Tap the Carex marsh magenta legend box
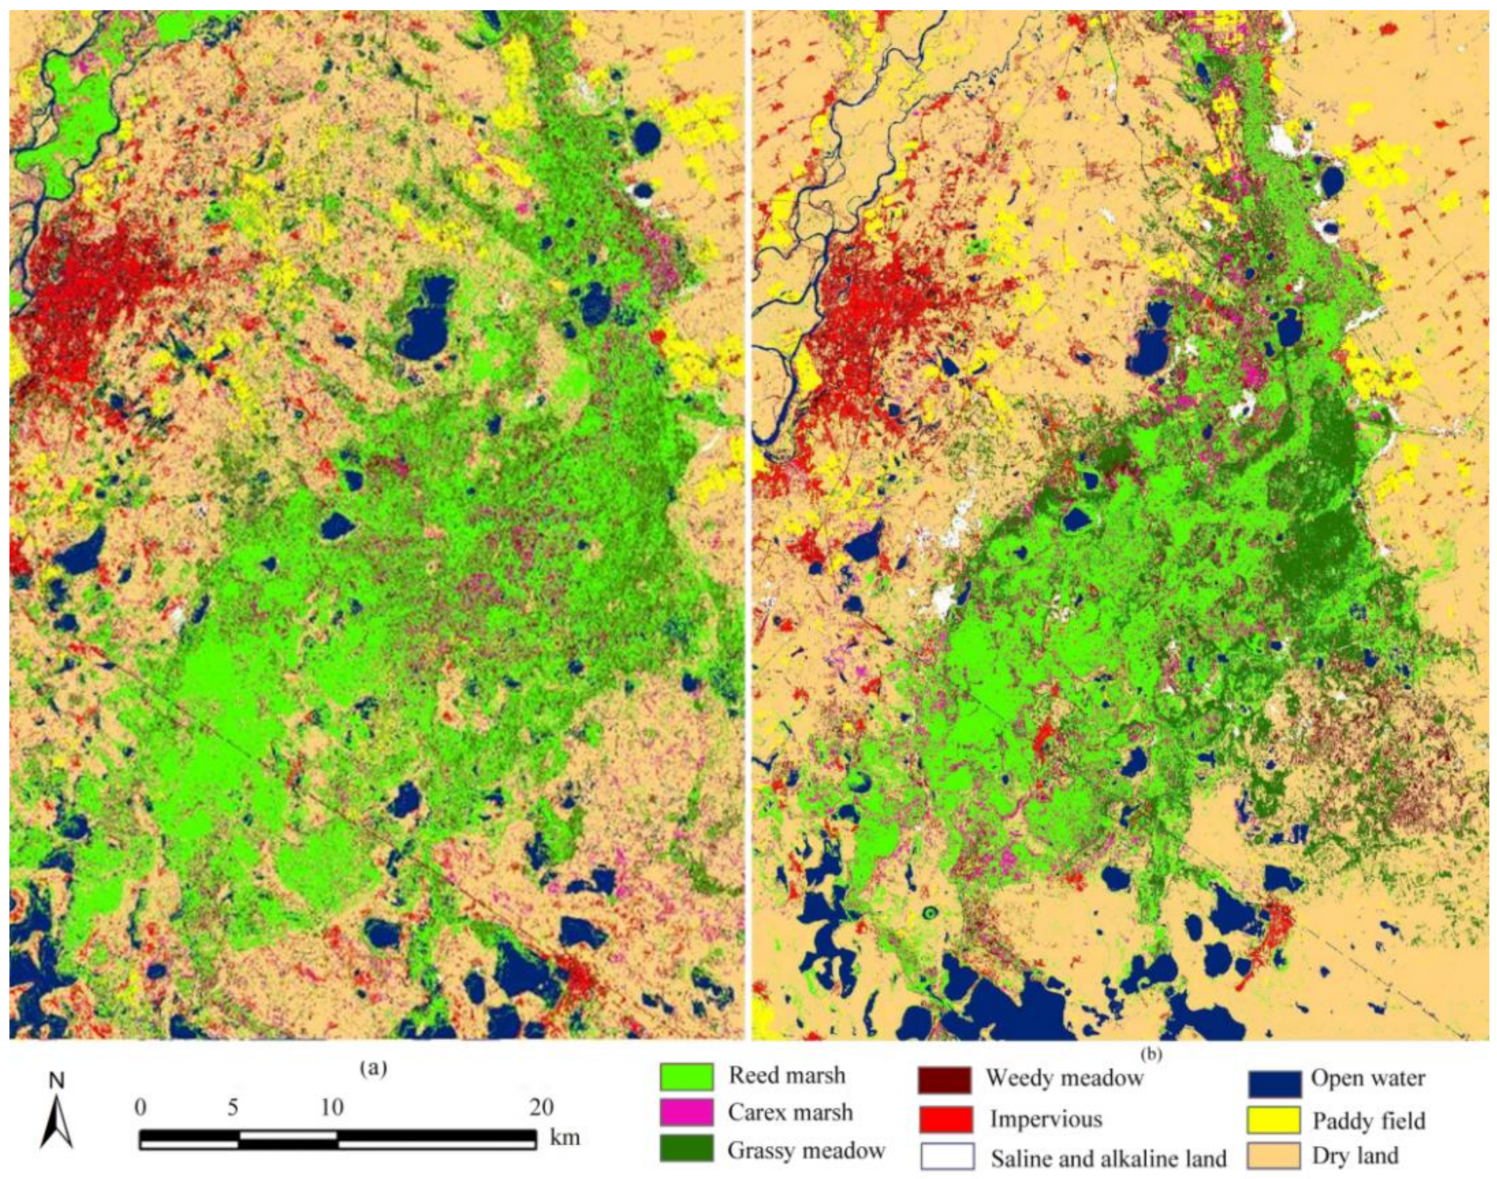[x=686, y=1113]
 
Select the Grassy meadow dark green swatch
[x=686, y=1151]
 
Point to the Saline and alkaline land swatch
[x=947, y=1158]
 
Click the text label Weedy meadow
[x=1064, y=1078]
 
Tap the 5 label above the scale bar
[x=232, y=1108]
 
